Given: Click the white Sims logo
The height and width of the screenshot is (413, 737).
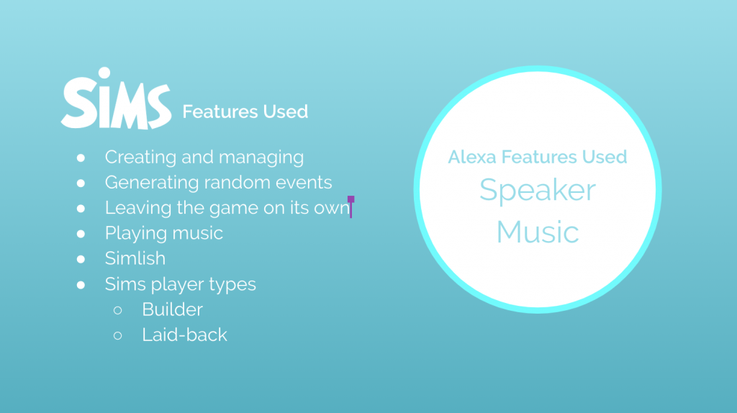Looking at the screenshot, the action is coord(116,99).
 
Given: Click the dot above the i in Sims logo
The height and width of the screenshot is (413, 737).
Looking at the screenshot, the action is coord(104,73).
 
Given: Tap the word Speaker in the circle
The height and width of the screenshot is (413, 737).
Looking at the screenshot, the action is coord(537,191).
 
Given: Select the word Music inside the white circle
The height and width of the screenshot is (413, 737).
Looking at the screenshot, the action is coord(537,232).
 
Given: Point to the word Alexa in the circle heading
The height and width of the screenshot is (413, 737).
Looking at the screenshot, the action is coord(472,157).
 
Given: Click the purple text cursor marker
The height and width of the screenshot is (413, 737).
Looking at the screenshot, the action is coord(351,206).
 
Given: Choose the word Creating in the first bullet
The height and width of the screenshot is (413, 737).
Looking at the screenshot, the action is coord(140,158).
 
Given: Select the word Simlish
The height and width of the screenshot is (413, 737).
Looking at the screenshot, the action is coord(135,258).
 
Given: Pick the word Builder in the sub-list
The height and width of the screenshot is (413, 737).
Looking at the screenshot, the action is coord(173,309).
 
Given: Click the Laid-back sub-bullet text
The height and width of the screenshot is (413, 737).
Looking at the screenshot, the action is coord(185,335).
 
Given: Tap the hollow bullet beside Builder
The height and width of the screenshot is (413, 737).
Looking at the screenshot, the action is coord(117,310).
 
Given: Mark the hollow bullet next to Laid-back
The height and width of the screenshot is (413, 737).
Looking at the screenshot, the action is coord(117,335).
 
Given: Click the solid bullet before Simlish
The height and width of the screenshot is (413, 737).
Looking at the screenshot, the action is coord(81,259).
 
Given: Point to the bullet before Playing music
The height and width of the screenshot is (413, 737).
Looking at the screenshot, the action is coord(81,234).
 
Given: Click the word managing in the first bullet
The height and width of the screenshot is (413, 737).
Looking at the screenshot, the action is coord(261,158).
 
